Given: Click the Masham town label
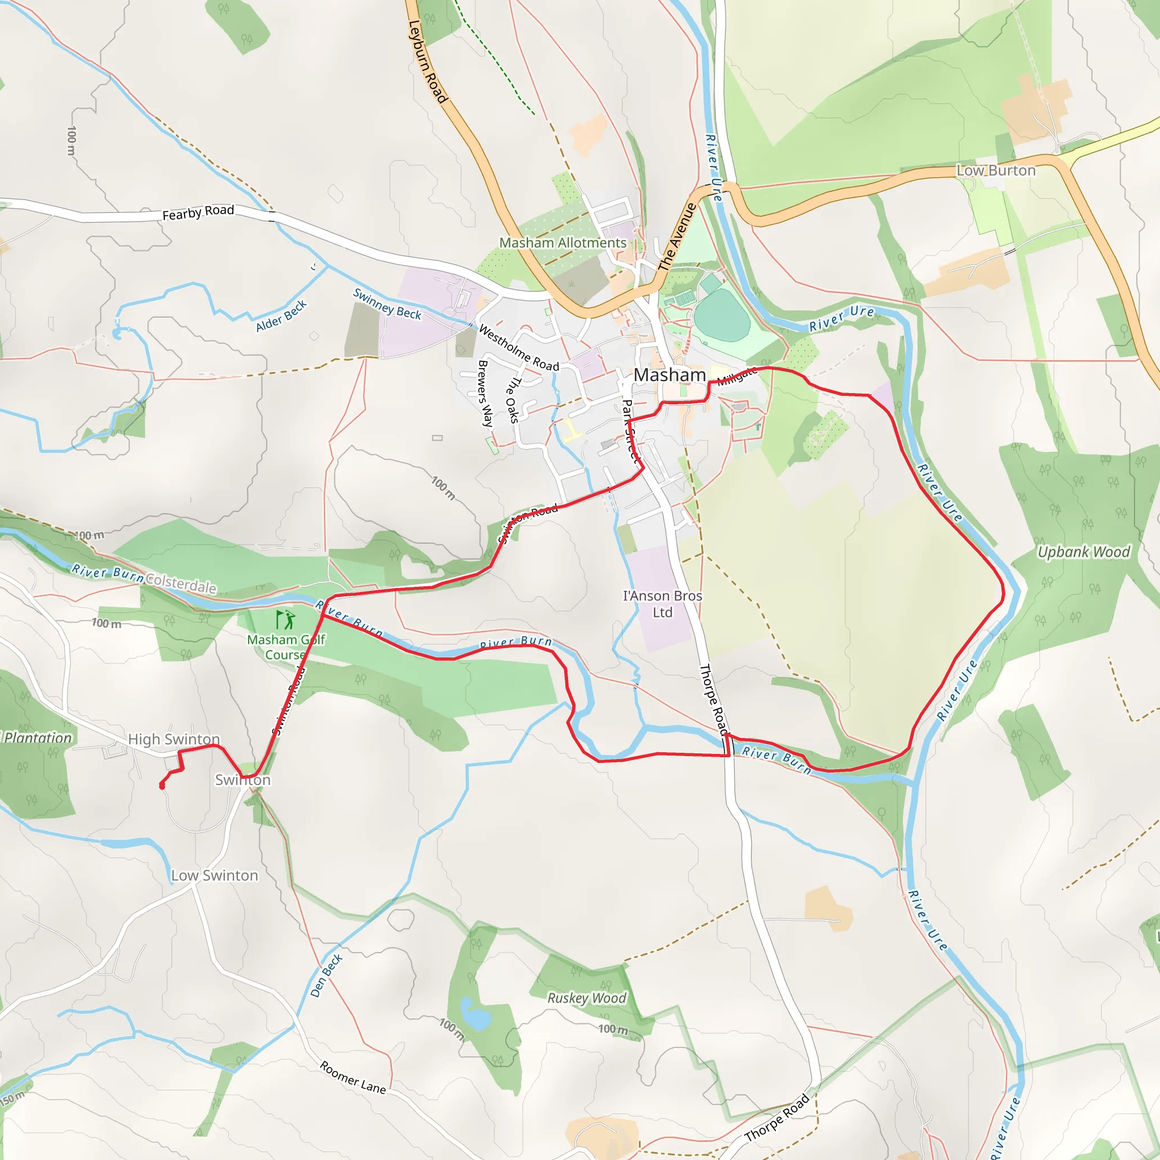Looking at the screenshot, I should pyautogui.click(x=669, y=374).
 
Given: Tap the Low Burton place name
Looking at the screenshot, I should pyautogui.click(x=996, y=170).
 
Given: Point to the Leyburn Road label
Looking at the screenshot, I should pyautogui.click(x=428, y=62).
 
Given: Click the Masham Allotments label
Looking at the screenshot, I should pyautogui.click(x=562, y=242).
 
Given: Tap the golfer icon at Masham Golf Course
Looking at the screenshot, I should pyautogui.click(x=286, y=619).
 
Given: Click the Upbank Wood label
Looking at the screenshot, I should pyautogui.click(x=1084, y=552).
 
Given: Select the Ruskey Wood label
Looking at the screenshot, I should pyautogui.click(x=587, y=998).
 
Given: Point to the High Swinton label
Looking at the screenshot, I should pyautogui.click(x=173, y=739).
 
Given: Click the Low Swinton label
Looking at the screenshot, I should pyautogui.click(x=214, y=876).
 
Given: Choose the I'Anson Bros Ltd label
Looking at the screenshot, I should pyautogui.click(x=662, y=604).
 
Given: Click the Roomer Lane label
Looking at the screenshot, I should pyautogui.click(x=352, y=1077).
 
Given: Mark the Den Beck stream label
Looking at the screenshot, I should pyautogui.click(x=326, y=976).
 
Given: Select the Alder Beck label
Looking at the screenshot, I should pyautogui.click(x=281, y=316).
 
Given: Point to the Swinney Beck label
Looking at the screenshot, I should pyautogui.click(x=387, y=304).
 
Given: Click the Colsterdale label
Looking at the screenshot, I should pyautogui.click(x=181, y=583).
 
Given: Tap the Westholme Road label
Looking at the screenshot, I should pyautogui.click(x=519, y=348).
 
